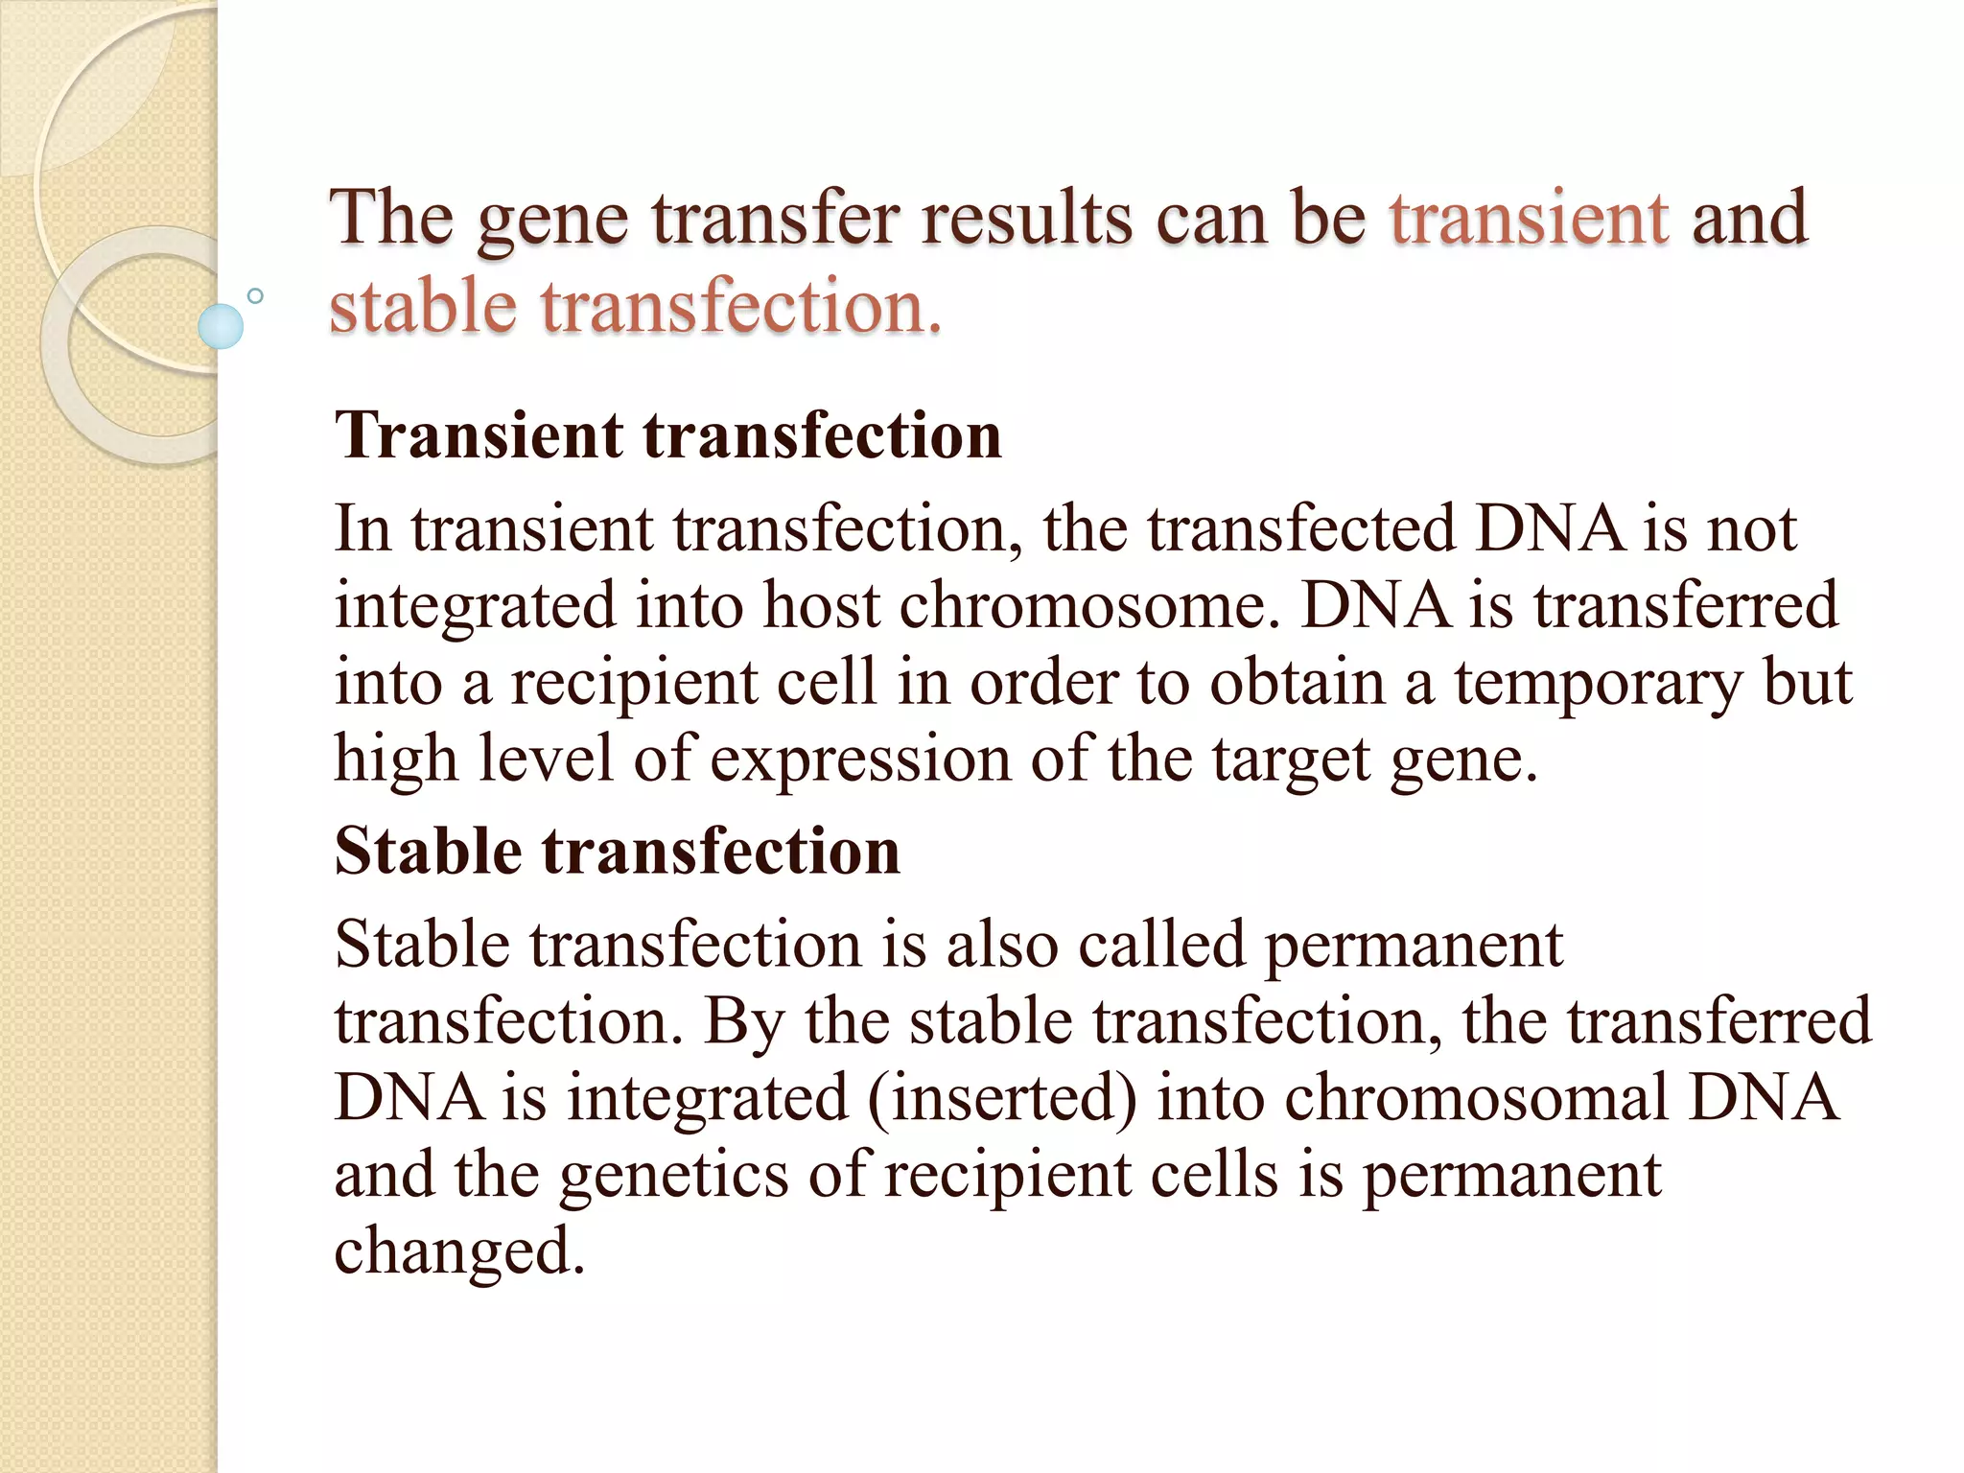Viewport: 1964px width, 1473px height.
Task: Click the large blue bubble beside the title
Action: click(221, 326)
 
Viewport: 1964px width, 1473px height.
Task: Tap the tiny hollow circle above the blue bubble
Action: click(255, 296)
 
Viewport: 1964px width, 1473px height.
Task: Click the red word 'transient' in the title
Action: click(1530, 219)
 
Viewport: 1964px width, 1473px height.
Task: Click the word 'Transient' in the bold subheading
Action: click(479, 436)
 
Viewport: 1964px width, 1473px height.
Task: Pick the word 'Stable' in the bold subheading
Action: click(428, 852)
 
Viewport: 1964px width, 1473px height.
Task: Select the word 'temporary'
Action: click(1598, 685)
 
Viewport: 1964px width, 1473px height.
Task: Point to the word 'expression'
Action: click(860, 760)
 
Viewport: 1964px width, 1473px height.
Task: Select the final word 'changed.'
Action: click(459, 1252)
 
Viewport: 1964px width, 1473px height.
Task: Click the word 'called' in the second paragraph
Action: click(1161, 945)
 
